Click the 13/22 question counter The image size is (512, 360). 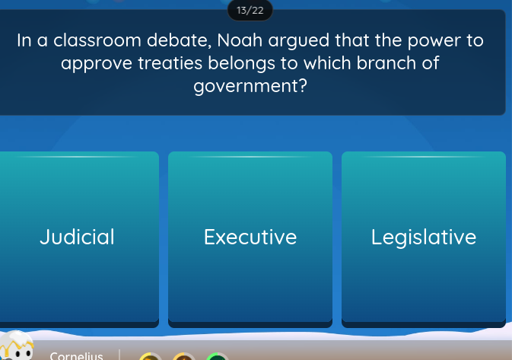pyautogui.click(x=250, y=10)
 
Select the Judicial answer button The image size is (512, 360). pyautogui.click(x=78, y=237)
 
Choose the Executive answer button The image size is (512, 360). pyautogui.click(x=250, y=237)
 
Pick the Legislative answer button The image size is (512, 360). pyautogui.click(x=424, y=237)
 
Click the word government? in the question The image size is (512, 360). pyautogui.click(x=250, y=86)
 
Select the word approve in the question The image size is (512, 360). pyautogui.click(x=97, y=64)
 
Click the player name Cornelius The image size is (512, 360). pyautogui.click(x=76, y=355)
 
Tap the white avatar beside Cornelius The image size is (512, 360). pyautogui.click(x=17, y=347)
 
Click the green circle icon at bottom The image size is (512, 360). pyautogui.click(x=217, y=357)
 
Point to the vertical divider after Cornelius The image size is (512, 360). pyautogui.click(x=119, y=355)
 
